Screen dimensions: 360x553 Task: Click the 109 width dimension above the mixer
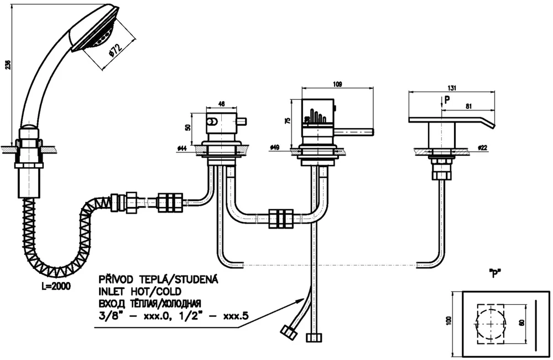[x=337, y=84]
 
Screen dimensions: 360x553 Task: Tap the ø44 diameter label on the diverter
[x=182, y=149]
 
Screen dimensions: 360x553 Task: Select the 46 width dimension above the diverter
[x=222, y=103]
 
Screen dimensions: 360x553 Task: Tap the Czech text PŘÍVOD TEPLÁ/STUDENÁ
[x=158, y=280]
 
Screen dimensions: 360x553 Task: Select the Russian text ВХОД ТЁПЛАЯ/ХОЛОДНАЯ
[x=149, y=303]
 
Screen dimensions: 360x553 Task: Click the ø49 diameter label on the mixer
[x=275, y=147]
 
